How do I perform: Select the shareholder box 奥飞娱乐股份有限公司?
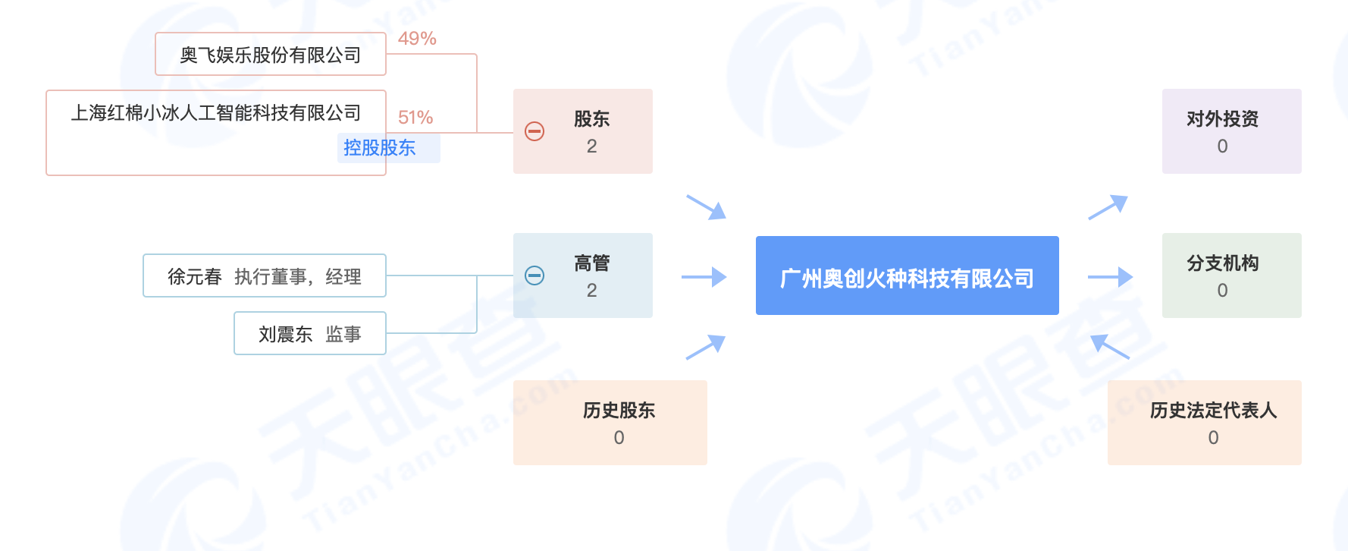pos(271,55)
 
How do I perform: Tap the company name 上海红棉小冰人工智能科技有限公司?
pos(216,113)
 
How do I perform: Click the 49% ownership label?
pos(417,39)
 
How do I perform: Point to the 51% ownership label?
pos(415,118)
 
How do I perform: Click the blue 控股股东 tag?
pos(380,148)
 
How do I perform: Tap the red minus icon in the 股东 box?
pos(534,131)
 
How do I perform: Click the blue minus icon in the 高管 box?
pos(534,275)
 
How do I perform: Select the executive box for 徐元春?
pos(265,276)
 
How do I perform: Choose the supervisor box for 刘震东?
pos(310,334)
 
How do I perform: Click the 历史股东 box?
pos(610,423)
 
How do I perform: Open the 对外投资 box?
pos(1231,131)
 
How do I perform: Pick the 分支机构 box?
pos(1231,275)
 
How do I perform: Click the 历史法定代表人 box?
pos(1204,423)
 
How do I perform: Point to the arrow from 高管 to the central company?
pos(704,277)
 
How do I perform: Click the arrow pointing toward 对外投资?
pos(1108,207)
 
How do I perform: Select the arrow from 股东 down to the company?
pos(707,207)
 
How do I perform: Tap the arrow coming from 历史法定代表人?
pos(1110,346)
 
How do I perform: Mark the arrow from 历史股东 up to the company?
pos(706,347)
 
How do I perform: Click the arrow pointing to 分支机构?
pos(1111,277)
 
